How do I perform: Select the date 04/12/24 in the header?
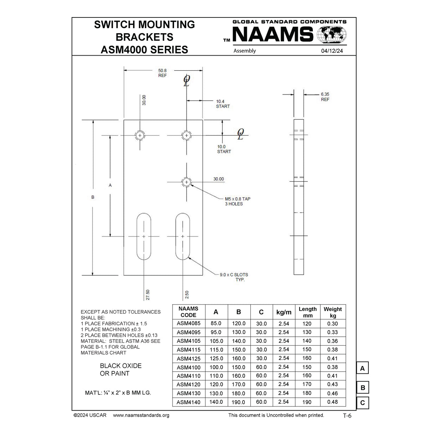pos(332,51)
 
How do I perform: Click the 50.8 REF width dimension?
pos(162,73)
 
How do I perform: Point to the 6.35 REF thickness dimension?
pos(325,97)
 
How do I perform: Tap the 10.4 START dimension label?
pos(223,104)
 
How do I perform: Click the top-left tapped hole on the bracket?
pos(140,136)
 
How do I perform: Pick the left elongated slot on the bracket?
pos(144,236)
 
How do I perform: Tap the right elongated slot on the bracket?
pos(183,236)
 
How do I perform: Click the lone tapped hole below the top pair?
pos(186,182)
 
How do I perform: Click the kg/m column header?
pos(284,312)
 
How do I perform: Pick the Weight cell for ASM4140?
pos(332,402)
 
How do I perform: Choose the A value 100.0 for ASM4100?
pos(216,367)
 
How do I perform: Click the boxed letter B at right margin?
pos(362,388)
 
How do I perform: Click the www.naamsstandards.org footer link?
pos(141,415)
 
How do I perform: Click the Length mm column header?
pos(307,312)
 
